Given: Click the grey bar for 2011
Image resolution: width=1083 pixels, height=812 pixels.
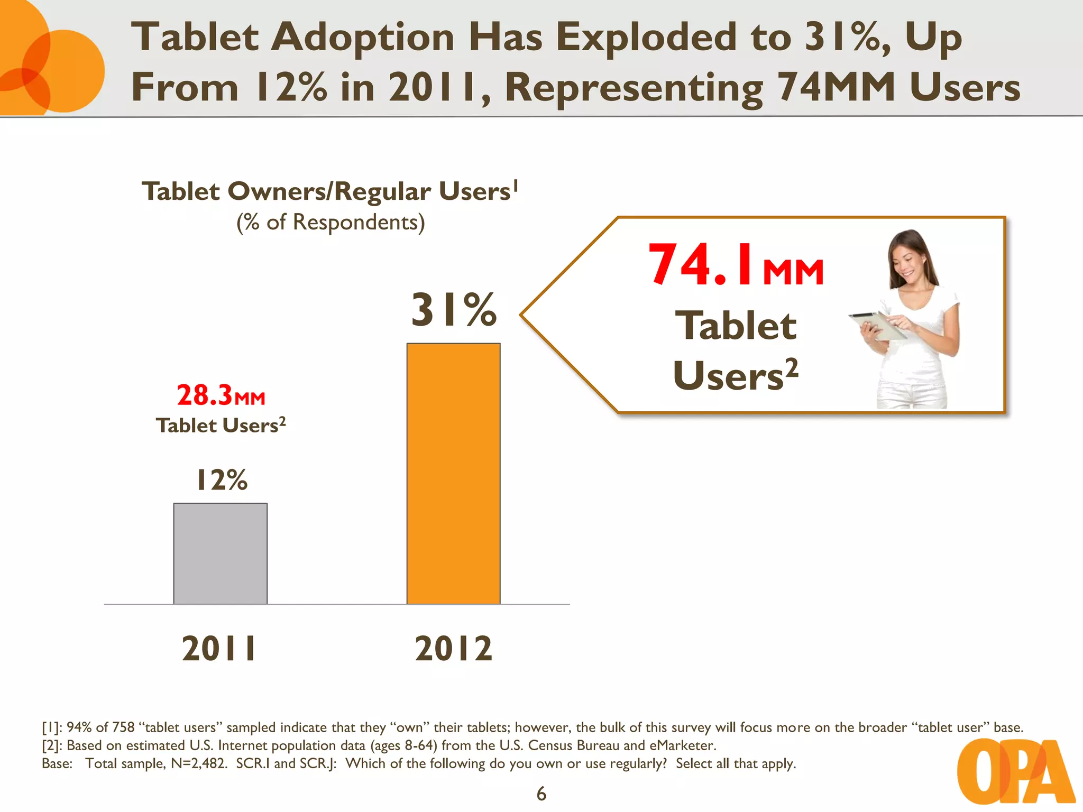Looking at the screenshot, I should point(221,553).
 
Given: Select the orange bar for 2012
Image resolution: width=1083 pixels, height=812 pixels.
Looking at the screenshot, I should point(453,473).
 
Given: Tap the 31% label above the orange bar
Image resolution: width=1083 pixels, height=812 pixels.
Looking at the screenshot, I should point(454,310).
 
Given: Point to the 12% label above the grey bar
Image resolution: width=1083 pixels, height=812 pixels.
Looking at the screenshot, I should point(222,480).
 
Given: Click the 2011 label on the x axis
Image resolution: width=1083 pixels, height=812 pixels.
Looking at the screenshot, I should point(219,649).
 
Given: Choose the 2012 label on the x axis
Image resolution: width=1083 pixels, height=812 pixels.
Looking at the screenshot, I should point(453,649).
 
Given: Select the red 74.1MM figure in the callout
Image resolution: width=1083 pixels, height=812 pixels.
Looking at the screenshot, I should point(735,265).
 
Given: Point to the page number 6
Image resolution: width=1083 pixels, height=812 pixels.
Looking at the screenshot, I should point(541,793).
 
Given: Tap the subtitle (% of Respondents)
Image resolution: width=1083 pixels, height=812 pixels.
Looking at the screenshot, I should point(331,223).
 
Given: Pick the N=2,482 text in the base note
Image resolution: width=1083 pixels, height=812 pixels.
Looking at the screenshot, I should point(199,763).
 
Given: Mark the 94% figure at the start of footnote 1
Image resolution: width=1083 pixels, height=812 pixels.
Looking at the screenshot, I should point(79,727).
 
